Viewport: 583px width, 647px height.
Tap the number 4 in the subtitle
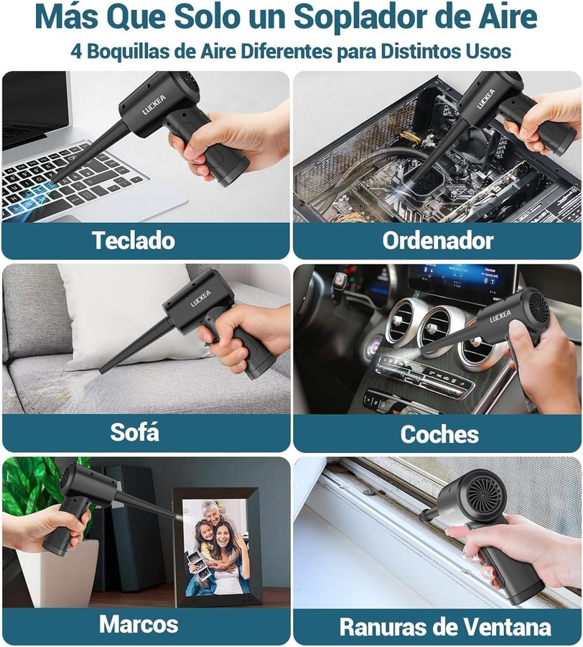point(76,52)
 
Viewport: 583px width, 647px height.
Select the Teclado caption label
point(134,240)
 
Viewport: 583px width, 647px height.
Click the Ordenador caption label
point(438,240)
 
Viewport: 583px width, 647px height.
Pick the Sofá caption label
point(134,432)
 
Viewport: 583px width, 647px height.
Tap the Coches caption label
point(439,434)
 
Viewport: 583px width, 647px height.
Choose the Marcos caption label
point(139,624)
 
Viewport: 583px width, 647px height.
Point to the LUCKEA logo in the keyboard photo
point(154,104)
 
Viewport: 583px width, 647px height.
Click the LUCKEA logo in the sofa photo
point(200,298)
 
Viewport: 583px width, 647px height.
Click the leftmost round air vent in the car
point(401,321)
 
